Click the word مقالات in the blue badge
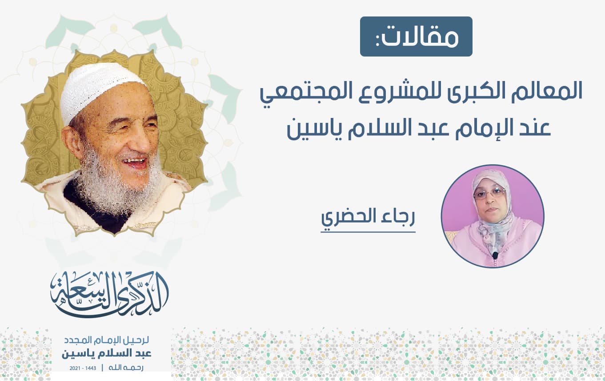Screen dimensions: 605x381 (417, 37)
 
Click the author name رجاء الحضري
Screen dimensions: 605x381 (368, 218)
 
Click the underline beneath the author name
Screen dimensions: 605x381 (368, 232)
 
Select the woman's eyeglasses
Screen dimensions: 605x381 (489, 193)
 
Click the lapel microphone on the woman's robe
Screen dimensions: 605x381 (495, 255)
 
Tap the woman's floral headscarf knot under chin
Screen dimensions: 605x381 (489, 230)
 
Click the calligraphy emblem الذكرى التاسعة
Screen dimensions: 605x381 (109, 294)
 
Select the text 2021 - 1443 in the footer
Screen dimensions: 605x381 (83, 368)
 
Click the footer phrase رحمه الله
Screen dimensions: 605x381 (126, 368)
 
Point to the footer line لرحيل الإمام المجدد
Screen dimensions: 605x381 (106, 340)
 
